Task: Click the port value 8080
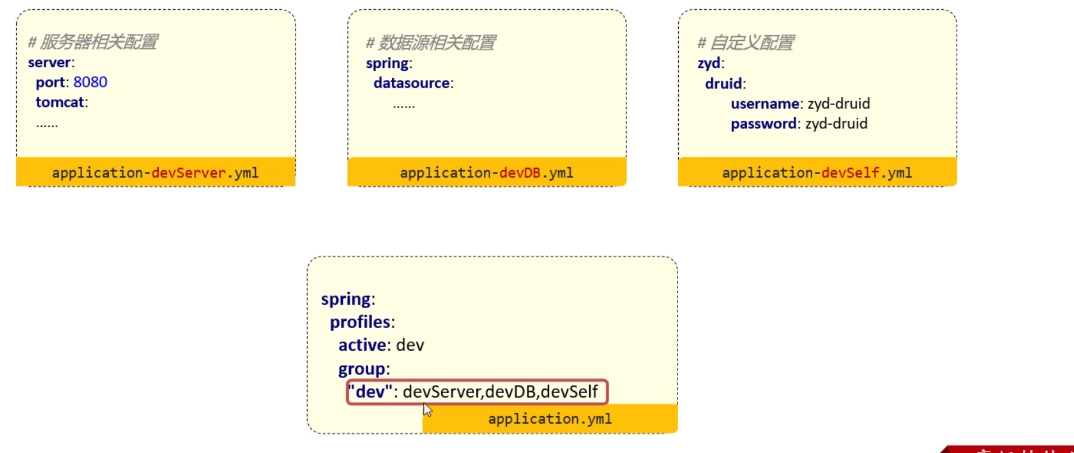(x=90, y=82)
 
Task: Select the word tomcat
(x=60, y=102)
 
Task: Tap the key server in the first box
(x=49, y=63)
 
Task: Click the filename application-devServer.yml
(x=155, y=172)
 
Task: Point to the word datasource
(x=411, y=83)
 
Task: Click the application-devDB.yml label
(x=487, y=172)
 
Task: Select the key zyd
(x=709, y=63)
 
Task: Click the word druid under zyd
(x=723, y=84)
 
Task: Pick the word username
(x=765, y=104)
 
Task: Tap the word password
(x=763, y=124)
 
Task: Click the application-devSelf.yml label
(x=817, y=172)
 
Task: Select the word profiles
(x=360, y=323)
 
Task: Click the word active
(x=362, y=345)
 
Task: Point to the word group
(x=361, y=369)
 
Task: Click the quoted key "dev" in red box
(x=370, y=392)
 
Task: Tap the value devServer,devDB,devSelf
(x=500, y=392)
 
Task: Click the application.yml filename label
(x=550, y=419)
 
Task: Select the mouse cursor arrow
(x=427, y=409)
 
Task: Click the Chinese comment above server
(x=93, y=42)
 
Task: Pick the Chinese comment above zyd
(x=746, y=43)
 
